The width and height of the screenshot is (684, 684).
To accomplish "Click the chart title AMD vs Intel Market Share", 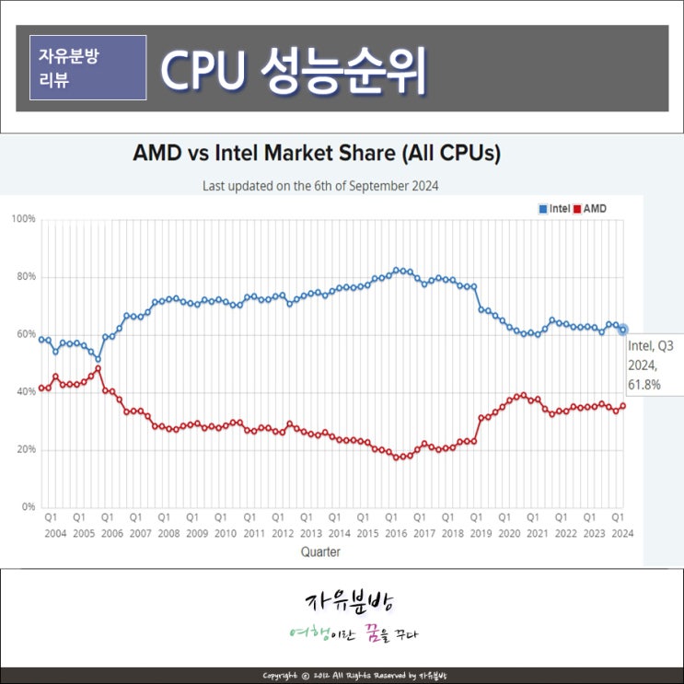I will point(317,154).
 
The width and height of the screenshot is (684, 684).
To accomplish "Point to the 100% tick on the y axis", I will point(23,219).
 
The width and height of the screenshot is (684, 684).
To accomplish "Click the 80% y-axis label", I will point(25,276).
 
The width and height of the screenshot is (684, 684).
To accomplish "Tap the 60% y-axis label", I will point(25,334).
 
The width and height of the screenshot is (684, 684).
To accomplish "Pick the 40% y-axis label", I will point(25,392).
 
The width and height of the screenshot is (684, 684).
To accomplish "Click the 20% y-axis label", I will point(25,449).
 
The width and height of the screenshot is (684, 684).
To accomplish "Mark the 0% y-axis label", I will point(28,507).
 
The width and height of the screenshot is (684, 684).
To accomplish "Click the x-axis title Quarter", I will point(319,552).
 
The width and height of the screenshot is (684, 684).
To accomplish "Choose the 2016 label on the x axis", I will point(396,533).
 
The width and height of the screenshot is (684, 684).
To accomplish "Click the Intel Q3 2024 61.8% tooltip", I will point(654,365).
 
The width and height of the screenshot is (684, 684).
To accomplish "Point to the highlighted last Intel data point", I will point(623,329).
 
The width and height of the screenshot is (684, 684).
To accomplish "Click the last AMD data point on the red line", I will point(623,406).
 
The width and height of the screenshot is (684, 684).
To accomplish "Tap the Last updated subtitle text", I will point(319,185).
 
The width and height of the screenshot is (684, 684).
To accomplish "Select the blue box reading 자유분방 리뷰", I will point(88,67).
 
